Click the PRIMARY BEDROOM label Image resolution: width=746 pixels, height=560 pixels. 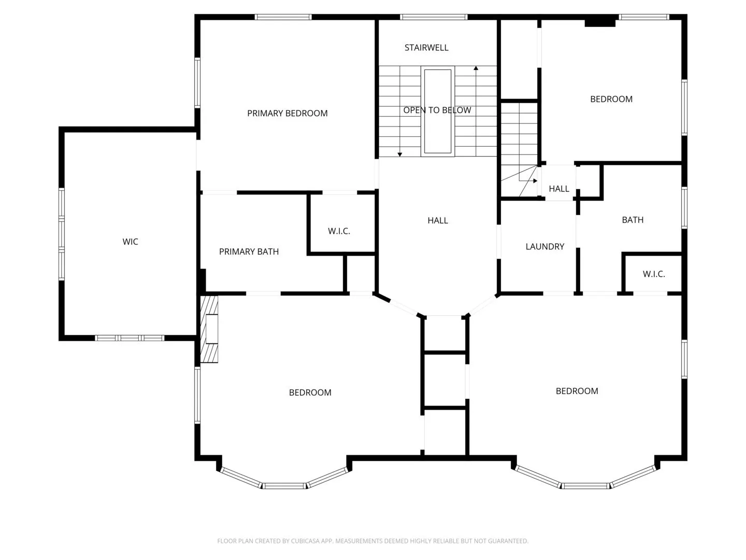pos(287,113)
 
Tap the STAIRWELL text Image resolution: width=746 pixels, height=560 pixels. pos(426,48)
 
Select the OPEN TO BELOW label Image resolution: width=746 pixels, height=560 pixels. pos(437,110)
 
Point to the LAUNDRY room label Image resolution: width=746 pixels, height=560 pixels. pos(545,246)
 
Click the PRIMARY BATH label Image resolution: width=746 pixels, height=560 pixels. pos(249,251)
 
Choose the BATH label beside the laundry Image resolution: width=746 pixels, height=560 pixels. pos(633,220)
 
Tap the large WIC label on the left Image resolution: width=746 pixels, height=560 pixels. pos(130,242)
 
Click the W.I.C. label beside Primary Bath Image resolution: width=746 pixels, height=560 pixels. pos(339,231)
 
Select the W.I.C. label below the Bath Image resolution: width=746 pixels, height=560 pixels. pos(654,274)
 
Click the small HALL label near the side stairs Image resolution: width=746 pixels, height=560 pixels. pos(559,189)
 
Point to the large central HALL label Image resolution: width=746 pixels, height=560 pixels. pos(438,221)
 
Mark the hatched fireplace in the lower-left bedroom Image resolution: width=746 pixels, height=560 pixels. pos(209,329)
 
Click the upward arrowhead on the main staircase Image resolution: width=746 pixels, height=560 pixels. pos(476,68)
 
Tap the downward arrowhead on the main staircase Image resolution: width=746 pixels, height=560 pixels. pos(399,155)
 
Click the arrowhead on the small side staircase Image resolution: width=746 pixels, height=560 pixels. pos(535,181)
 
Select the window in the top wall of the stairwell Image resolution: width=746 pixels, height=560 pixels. pos(433,17)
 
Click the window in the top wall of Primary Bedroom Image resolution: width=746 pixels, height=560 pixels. pos(283,17)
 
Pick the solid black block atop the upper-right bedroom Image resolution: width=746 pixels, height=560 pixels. pos(600,22)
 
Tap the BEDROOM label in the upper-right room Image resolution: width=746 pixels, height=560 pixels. pos(611,99)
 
